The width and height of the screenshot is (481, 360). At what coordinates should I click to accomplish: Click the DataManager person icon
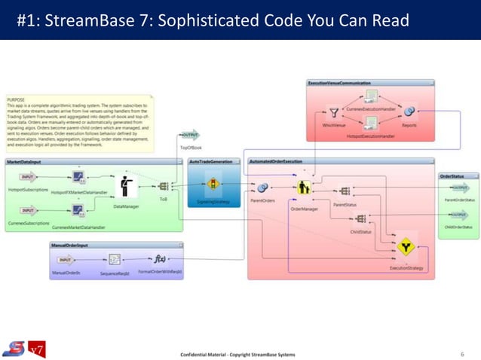coord(122,187)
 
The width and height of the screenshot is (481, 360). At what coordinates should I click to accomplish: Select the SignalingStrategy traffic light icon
coord(213,185)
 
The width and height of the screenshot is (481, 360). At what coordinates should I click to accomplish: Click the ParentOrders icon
coord(263,187)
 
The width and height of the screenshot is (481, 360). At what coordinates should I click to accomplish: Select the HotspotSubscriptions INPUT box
coord(29,178)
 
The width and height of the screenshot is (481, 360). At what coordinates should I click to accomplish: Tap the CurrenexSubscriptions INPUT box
coord(29,211)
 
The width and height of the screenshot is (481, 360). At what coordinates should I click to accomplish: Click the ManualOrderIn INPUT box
coord(66,259)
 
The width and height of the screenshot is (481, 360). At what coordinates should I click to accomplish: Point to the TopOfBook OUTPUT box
coord(191,136)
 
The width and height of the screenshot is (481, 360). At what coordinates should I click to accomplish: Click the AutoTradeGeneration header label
coord(211,161)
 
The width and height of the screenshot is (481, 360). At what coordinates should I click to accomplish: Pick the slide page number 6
coord(461,353)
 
